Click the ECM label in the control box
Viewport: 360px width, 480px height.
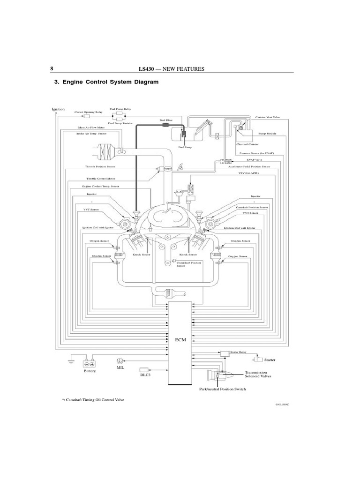click(180, 341)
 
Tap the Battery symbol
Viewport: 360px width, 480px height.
click(90, 364)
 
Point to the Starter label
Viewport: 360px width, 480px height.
click(270, 360)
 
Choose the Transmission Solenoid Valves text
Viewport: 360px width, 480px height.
click(258, 375)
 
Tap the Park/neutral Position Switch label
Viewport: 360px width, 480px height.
click(223, 389)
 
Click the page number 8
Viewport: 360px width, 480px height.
click(52, 69)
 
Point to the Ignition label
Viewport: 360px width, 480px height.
click(58, 109)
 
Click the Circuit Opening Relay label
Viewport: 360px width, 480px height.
click(89, 112)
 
